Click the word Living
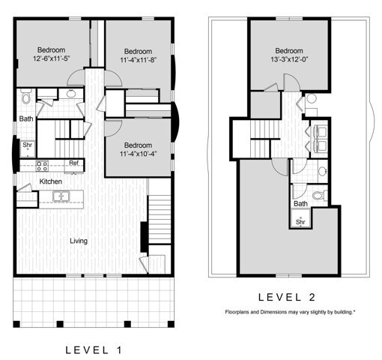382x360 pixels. (79, 241)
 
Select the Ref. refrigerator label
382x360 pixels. (74, 163)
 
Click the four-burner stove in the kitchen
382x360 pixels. (43, 166)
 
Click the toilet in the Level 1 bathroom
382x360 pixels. (25, 97)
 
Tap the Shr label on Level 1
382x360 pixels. (27, 145)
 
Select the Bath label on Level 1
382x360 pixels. (25, 118)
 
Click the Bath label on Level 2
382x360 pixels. (300, 203)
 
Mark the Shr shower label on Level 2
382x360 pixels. (300, 221)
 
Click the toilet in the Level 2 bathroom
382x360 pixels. (318, 196)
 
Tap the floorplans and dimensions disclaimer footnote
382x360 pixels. (290, 310)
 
